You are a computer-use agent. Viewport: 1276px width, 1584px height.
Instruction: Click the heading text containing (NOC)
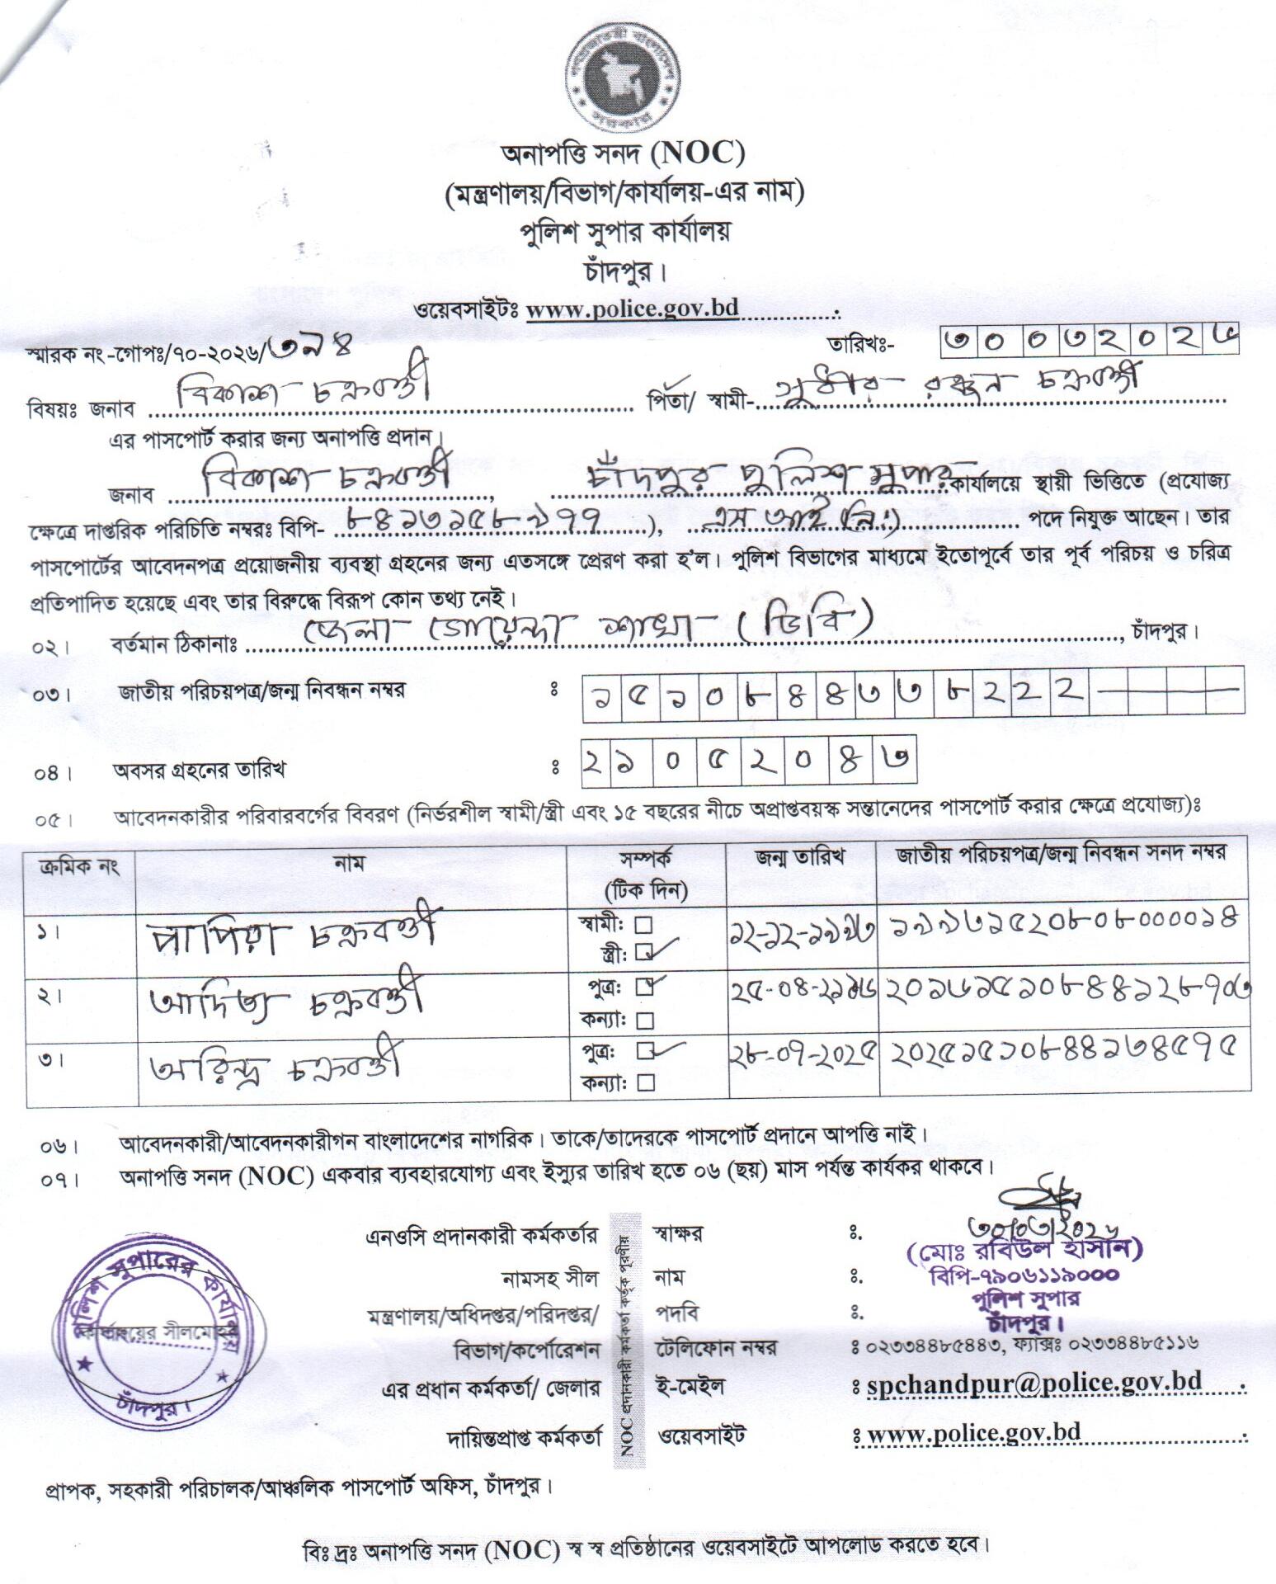click(624, 154)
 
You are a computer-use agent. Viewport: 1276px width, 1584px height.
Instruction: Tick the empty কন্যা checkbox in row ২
click(646, 1021)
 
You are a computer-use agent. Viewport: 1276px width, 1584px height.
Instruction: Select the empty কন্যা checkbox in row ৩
click(646, 1082)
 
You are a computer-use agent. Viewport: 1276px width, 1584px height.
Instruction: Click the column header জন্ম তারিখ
click(800, 856)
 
